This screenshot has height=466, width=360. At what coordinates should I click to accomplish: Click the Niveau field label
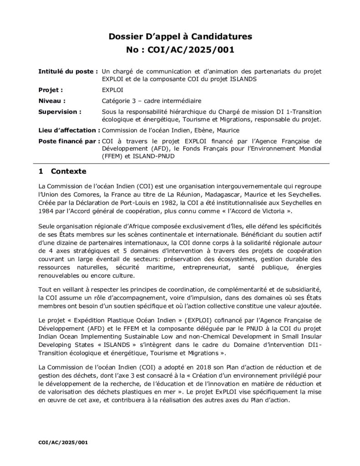pyautogui.click(x=52, y=101)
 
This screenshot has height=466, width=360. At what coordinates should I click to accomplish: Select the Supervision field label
pyautogui.click(x=60, y=111)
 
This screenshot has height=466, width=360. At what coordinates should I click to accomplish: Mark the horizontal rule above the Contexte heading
pyautogui.click(x=180, y=162)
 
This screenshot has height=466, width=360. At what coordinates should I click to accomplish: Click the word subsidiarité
pyautogui.click(x=300, y=289)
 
